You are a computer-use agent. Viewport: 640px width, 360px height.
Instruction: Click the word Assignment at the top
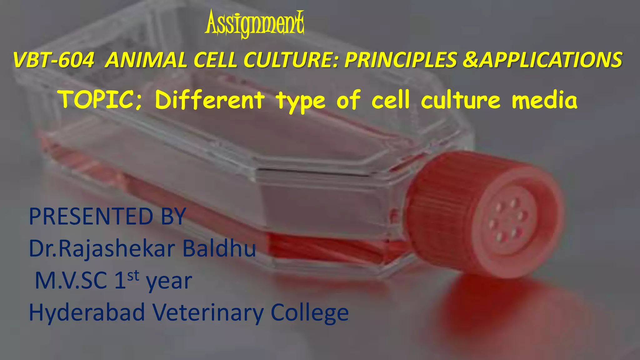[254, 24]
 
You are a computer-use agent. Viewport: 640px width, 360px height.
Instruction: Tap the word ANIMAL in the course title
[146, 60]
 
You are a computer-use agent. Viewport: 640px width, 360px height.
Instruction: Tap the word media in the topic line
[544, 100]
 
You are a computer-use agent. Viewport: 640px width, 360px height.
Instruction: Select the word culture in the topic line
[461, 100]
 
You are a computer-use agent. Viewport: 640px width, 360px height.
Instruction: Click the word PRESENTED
[91, 217]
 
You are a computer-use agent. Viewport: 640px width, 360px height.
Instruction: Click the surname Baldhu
[219, 249]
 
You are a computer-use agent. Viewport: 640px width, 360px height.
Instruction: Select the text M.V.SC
[71, 281]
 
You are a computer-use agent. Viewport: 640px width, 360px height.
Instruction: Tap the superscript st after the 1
[133, 276]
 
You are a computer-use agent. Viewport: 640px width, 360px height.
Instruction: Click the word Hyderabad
[87, 312]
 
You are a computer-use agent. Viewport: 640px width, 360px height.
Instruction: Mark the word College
[310, 312]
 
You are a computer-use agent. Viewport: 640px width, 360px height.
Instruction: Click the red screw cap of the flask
[487, 212]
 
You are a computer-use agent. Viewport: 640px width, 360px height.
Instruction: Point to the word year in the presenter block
[169, 282]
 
